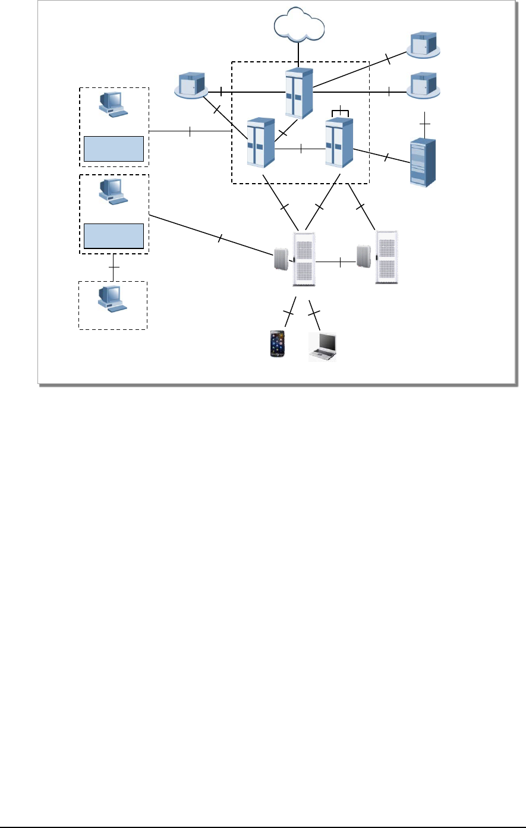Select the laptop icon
pos(323,347)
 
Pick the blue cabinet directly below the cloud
pos(298,93)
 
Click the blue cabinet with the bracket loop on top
pos(339,143)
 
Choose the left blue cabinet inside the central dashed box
pos(260,143)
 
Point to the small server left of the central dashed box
pos(191,85)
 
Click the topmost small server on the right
pos(423,46)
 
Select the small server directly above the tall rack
pos(423,86)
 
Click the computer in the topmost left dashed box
pos(112,105)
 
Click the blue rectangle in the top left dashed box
pos(114,149)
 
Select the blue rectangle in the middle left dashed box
pos(114,236)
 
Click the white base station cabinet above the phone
pos(304,259)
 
